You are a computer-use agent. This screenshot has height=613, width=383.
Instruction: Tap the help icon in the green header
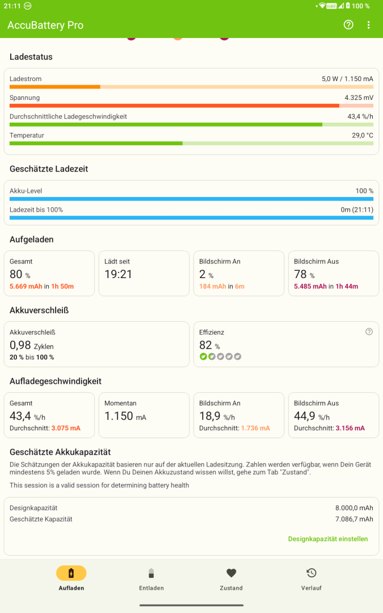tap(348, 25)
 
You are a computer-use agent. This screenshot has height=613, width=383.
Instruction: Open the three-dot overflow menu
tap(369, 25)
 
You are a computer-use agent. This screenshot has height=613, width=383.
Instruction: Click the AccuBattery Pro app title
tap(45, 25)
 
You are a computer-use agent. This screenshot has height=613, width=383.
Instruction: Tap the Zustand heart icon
tap(232, 573)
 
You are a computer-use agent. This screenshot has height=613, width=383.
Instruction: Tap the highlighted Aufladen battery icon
tap(71, 573)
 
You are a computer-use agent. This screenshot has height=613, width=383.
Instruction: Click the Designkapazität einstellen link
tap(328, 539)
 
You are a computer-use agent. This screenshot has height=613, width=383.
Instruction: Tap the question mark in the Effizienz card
tap(369, 331)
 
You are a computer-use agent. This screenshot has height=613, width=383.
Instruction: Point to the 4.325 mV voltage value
tap(359, 98)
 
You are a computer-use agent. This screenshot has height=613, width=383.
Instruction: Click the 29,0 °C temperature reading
tap(362, 135)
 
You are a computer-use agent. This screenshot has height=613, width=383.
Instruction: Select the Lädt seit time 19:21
tap(118, 274)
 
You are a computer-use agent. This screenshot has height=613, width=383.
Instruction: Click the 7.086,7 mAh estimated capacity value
tap(354, 519)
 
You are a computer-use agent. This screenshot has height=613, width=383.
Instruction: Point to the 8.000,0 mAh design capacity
tap(354, 508)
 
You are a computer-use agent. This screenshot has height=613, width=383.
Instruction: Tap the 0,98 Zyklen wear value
tap(32, 345)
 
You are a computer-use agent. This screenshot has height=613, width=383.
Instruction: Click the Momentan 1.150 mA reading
tap(125, 416)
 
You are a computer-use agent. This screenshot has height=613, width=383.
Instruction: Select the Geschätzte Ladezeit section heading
tap(49, 169)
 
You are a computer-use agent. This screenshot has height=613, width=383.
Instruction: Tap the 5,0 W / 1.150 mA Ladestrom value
tap(347, 79)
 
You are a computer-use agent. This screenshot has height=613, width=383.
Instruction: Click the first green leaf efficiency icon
tap(203, 356)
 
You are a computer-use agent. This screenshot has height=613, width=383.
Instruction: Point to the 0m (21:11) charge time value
tap(357, 209)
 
